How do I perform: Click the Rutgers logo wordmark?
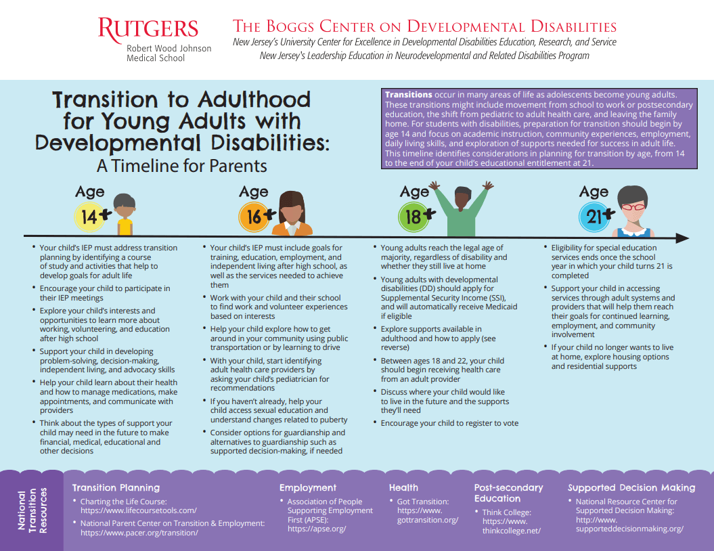point(148,29)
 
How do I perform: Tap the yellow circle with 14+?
point(89,217)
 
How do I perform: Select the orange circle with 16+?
point(252,217)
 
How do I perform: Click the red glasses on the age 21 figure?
point(633,206)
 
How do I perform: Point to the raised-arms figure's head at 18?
point(463,198)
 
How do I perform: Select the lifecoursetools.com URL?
point(138,510)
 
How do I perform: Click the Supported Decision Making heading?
point(631,487)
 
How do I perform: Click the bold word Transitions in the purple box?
point(408,95)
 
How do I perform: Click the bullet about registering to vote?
point(449,423)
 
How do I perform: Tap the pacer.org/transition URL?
point(139,533)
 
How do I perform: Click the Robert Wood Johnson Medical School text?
point(169,53)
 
